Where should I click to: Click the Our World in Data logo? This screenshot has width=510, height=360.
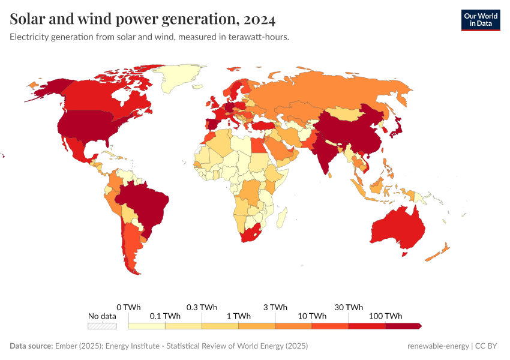[x=480, y=20]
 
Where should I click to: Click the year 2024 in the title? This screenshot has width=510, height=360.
[x=260, y=20]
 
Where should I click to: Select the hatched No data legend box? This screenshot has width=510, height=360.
[x=102, y=326]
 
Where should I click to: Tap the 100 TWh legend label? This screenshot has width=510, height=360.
[x=385, y=316]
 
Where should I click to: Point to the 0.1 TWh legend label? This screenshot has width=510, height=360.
[x=164, y=316]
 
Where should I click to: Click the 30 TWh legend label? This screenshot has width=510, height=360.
[x=349, y=307]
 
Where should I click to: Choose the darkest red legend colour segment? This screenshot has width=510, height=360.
[x=403, y=326]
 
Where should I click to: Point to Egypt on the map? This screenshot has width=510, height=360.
[x=257, y=146]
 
